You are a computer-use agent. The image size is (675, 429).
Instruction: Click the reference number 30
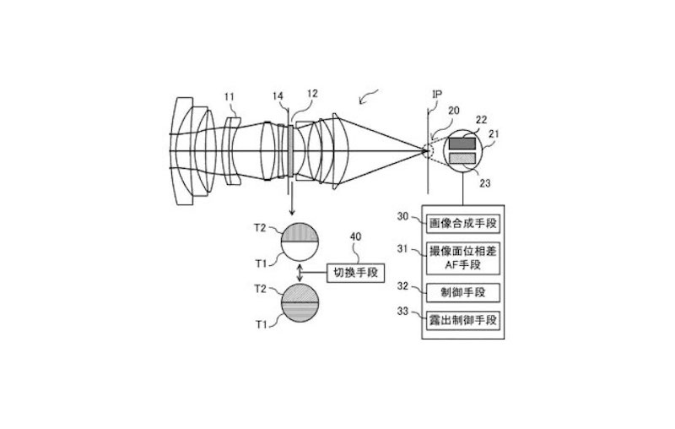[x=404, y=217]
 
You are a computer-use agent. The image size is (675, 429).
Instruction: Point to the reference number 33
[x=404, y=312]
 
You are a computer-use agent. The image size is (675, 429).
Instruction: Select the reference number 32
[x=404, y=286]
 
